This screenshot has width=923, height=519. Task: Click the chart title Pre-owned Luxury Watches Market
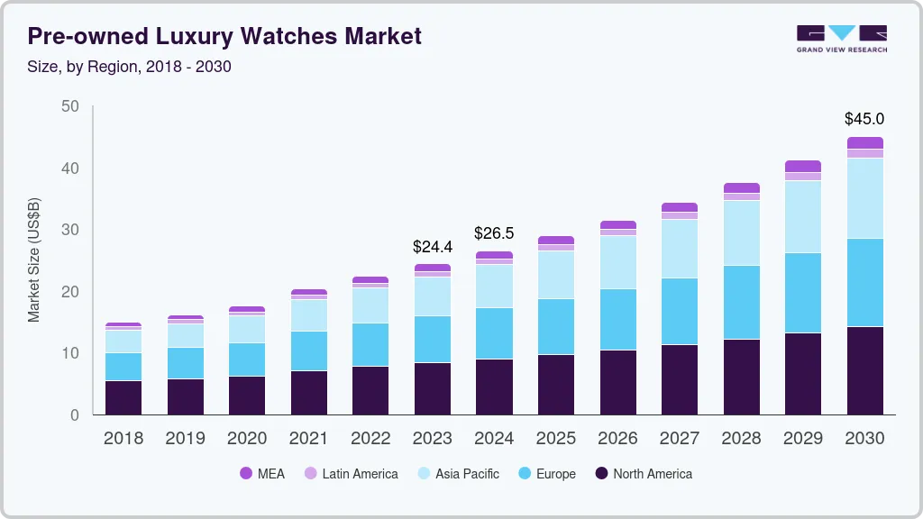pos(224,36)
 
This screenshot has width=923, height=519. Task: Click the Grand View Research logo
pos(841,39)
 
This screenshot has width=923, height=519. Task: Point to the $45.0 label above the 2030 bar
pos(864,119)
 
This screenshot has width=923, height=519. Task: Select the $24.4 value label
pos(432,246)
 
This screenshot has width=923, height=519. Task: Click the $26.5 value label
pos(494,233)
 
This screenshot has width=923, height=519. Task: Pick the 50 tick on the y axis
pos(70,106)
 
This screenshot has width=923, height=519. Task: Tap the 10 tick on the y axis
pos(70,353)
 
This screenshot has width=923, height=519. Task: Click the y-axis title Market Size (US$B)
pos(33,260)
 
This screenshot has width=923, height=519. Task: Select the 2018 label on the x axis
pos(123,439)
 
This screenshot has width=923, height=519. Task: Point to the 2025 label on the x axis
pos(555,439)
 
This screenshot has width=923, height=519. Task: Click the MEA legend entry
pos(262,473)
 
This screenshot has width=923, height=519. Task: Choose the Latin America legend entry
pos(351,473)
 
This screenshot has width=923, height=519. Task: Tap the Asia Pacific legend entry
pos(457,473)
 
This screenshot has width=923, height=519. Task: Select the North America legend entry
pos(643,473)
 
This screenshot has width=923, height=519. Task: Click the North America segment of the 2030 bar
pos(864,370)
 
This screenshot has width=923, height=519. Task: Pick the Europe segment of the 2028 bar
pos(741,302)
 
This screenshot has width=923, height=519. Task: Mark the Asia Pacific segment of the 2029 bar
pos(802,216)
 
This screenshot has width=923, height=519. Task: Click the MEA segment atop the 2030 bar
pos(864,142)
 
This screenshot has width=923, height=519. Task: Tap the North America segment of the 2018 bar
pos(123,397)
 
